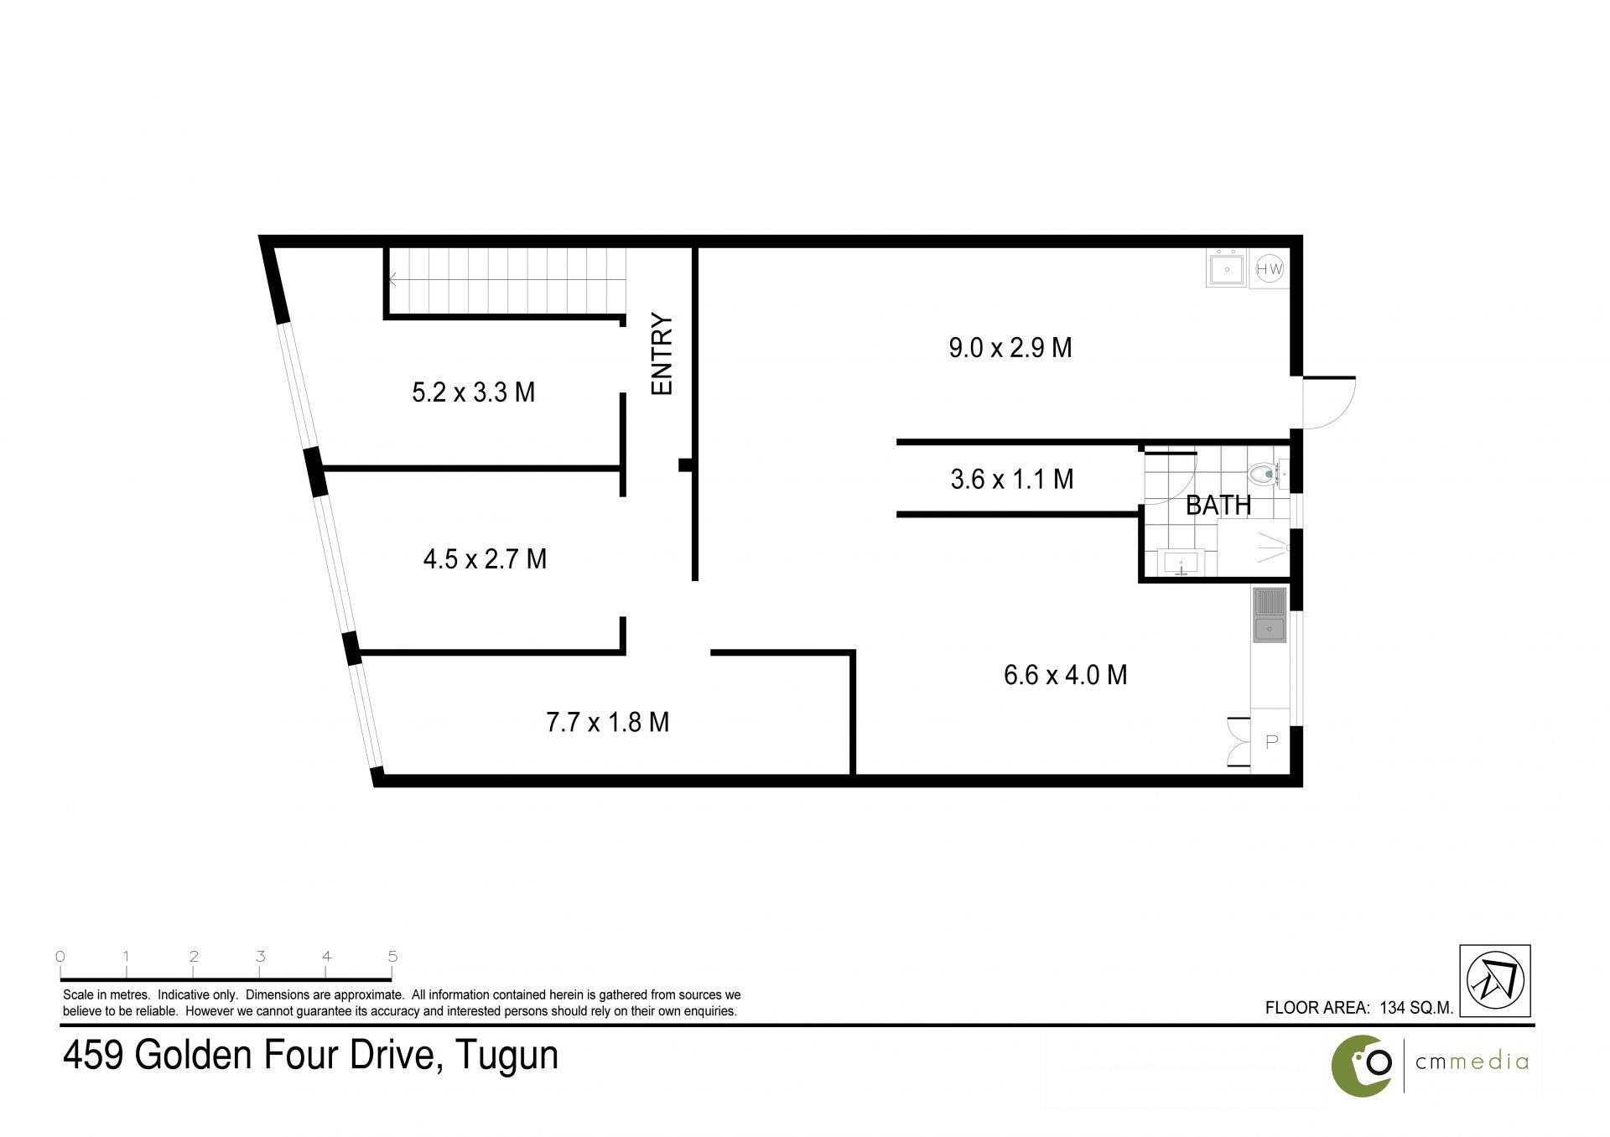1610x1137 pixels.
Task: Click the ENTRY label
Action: [662, 354]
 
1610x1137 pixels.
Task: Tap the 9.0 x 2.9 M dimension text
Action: [1010, 347]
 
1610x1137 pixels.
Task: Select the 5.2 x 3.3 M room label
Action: [474, 392]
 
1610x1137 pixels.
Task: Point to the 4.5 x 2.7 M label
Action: [485, 558]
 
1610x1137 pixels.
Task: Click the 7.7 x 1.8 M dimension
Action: [608, 722]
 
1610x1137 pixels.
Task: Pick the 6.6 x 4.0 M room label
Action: [1066, 675]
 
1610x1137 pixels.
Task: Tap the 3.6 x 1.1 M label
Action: [1012, 480]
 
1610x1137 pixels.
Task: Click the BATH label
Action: [1218, 506]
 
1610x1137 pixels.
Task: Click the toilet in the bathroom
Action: [1267, 475]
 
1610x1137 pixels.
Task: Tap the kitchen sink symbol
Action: [1270, 615]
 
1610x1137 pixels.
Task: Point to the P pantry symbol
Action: [1271, 741]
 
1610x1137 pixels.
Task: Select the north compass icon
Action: [1495, 981]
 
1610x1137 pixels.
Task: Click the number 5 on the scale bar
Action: [392, 957]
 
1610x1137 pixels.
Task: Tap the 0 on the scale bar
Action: [60, 957]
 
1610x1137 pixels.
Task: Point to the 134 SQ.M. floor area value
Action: [1416, 1008]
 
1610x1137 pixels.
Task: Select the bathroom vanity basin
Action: [1182, 562]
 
